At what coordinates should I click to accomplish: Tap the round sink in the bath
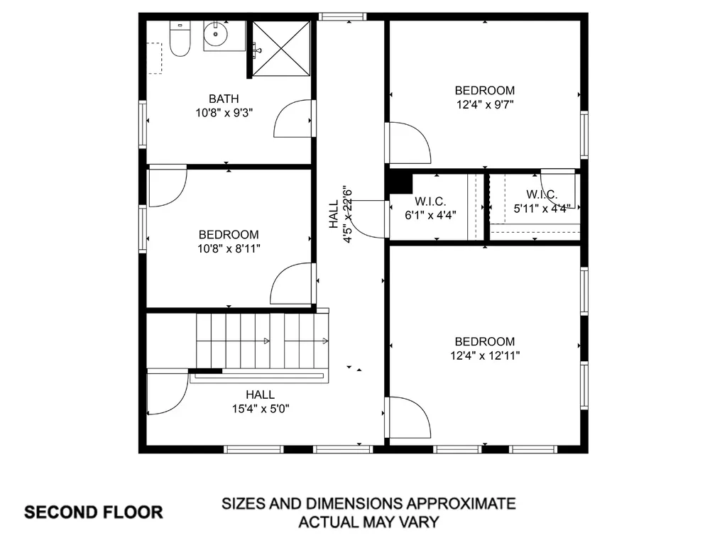click(x=215, y=33)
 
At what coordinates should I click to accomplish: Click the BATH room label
click(x=224, y=99)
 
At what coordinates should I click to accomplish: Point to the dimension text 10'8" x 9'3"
click(x=224, y=112)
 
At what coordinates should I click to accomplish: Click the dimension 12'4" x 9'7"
click(x=485, y=104)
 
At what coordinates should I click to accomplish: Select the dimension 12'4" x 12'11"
click(x=485, y=355)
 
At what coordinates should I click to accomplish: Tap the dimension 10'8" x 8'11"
click(x=229, y=248)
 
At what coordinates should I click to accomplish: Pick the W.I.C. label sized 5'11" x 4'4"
click(x=542, y=194)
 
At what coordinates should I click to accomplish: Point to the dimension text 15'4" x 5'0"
click(x=261, y=408)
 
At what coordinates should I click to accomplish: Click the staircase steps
click(x=263, y=341)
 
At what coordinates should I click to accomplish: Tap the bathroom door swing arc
click(x=292, y=119)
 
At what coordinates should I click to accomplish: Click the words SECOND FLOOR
click(x=94, y=512)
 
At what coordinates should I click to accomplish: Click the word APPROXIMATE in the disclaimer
click(x=460, y=505)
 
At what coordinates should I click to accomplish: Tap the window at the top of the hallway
click(x=342, y=16)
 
